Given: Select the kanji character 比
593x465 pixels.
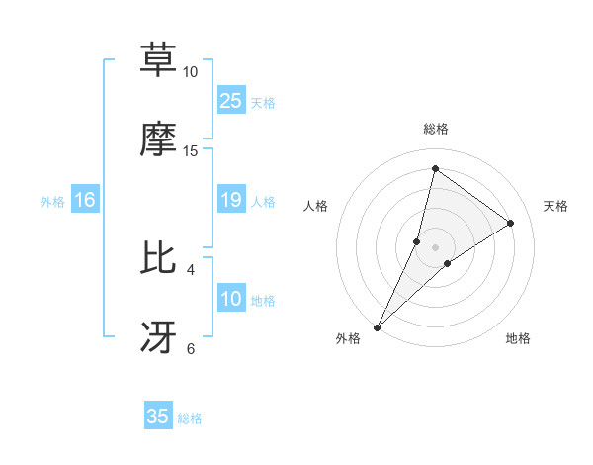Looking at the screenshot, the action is tap(159, 257).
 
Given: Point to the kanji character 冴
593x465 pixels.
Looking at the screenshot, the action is tap(159, 336).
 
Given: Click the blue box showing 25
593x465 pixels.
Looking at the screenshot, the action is tap(231, 101).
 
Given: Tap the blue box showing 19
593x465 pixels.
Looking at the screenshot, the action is tap(231, 201).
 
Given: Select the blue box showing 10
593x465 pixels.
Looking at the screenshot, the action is tap(231, 300).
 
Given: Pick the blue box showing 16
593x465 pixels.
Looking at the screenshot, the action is tap(85, 201).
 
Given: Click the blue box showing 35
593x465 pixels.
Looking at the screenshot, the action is tap(158, 417).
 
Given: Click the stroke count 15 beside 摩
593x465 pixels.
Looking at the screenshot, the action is tap(191, 151).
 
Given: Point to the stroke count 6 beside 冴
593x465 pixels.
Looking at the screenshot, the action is tap(191, 348).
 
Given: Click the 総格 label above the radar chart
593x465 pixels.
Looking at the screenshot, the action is tap(435, 129).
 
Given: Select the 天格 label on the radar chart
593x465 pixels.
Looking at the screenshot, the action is tap(555, 206).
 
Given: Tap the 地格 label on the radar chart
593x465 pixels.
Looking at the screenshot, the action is tap(518, 339).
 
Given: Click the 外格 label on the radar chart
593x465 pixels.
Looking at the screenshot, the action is tap(348, 339).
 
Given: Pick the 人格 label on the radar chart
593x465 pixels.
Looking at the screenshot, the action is tap(316, 206).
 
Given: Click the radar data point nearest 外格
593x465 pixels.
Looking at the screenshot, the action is tap(377, 326).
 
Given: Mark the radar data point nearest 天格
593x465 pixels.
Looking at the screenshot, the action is tap(511, 223).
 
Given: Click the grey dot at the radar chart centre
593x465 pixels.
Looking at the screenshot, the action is tap(435, 246).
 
